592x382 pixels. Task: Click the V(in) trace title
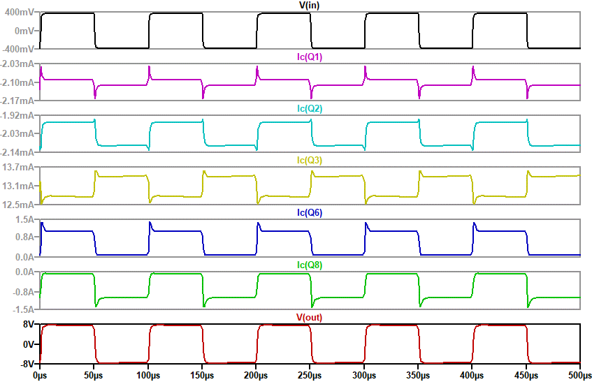click(x=310, y=5)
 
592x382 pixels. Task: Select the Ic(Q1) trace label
click(x=310, y=57)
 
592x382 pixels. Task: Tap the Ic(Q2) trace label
click(x=310, y=108)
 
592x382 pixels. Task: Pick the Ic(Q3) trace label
click(x=310, y=160)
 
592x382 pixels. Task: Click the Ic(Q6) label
click(x=310, y=212)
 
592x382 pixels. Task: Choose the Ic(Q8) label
click(x=310, y=265)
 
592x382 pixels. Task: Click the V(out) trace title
click(x=310, y=317)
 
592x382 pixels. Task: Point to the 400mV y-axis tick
click(x=19, y=13)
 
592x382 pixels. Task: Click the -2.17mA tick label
click(x=19, y=101)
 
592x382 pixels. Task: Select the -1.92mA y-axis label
click(x=19, y=115)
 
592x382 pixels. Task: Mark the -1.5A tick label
click(x=24, y=309)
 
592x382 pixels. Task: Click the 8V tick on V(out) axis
click(x=29, y=325)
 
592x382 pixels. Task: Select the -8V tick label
click(x=28, y=363)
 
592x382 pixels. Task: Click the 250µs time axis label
click(x=310, y=376)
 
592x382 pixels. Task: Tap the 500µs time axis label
click(x=580, y=376)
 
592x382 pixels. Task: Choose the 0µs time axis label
click(x=40, y=376)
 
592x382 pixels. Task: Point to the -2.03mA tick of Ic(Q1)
click(x=19, y=64)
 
